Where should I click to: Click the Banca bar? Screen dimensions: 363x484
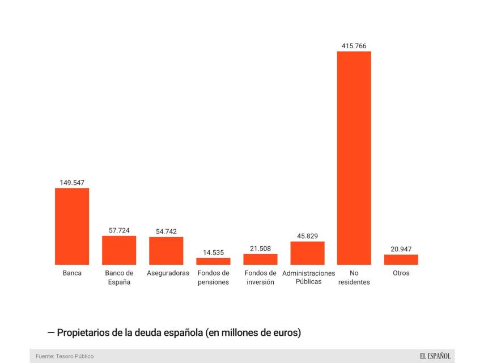[x=72, y=226]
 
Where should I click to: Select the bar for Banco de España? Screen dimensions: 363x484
[x=119, y=250]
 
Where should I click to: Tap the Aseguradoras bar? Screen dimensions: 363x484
[x=166, y=251]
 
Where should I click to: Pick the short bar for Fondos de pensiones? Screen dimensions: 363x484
[x=213, y=261]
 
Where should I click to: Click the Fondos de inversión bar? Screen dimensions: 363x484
[x=260, y=259]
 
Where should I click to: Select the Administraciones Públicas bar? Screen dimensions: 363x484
[x=307, y=253]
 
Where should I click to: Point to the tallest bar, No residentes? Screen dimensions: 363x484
[x=354, y=158]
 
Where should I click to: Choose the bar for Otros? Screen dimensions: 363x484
[x=401, y=259]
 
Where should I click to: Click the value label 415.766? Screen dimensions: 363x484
[x=354, y=45]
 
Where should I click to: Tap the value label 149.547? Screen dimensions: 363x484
[x=72, y=183]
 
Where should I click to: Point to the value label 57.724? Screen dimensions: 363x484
[x=119, y=230]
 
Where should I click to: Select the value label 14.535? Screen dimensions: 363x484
[x=213, y=252]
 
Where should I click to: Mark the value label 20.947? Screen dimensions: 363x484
[x=401, y=248]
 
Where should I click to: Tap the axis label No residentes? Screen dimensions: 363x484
[x=354, y=277]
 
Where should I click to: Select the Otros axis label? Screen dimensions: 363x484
[x=401, y=273]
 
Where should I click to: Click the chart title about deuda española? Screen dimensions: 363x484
[x=179, y=332]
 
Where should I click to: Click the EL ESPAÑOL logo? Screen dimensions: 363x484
[x=435, y=356]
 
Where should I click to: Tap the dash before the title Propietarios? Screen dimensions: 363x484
[x=51, y=332]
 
